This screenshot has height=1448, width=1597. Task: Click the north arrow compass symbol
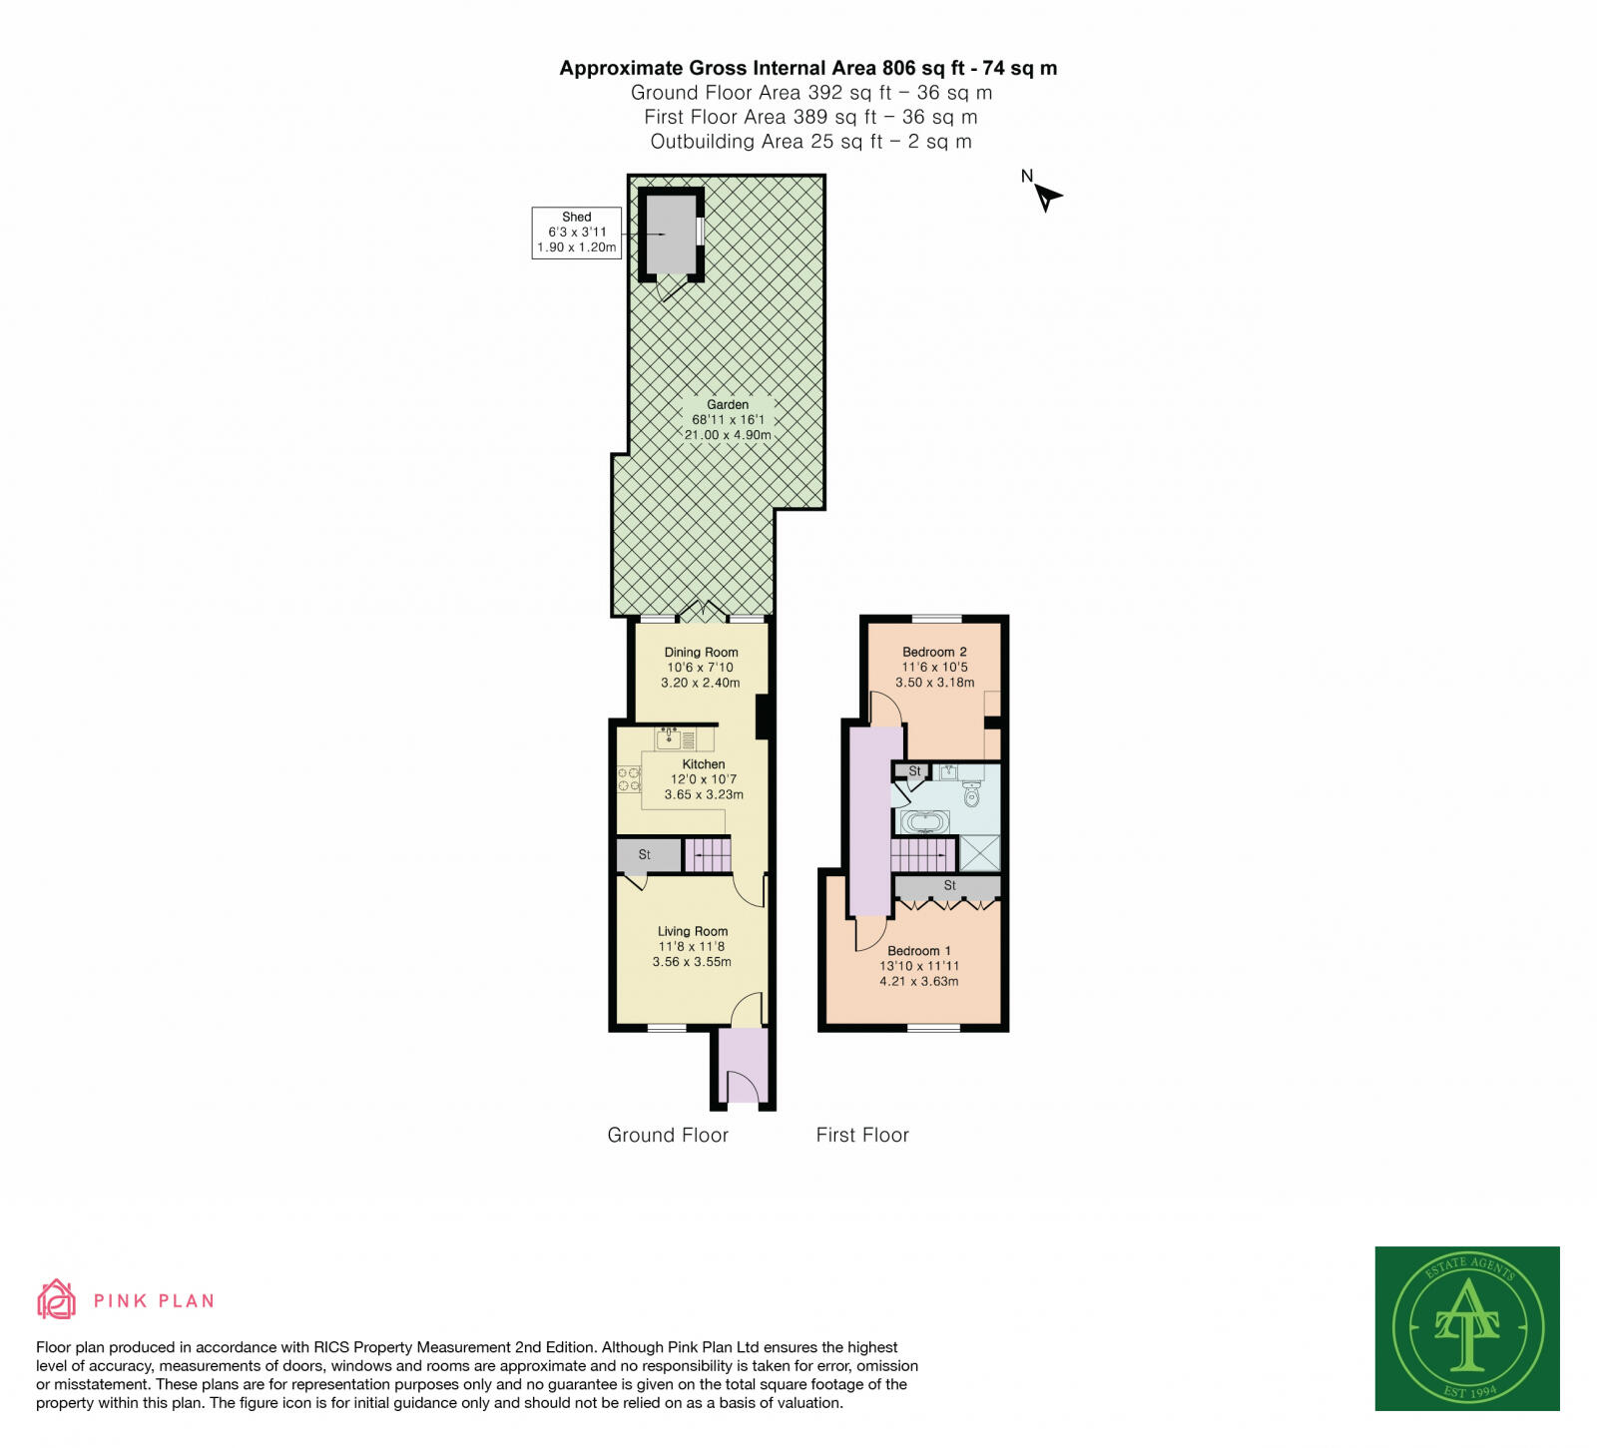coord(1045,196)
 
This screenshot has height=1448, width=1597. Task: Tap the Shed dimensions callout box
coord(576,233)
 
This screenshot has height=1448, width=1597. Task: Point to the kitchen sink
coord(670,739)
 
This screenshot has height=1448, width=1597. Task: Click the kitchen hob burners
coord(629,779)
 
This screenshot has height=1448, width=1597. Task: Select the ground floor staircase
coord(708,855)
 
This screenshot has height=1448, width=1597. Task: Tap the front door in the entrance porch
coord(743,1086)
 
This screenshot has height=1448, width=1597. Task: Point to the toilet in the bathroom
coord(971,794)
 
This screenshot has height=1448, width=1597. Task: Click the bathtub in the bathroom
coord(925,822)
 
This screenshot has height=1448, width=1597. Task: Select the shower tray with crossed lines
coord(979,853)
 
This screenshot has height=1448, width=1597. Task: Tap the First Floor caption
coord(862,1135)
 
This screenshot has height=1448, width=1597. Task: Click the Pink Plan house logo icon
coord(56,1299)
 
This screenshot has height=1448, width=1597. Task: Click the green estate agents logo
coord(1466,1327)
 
